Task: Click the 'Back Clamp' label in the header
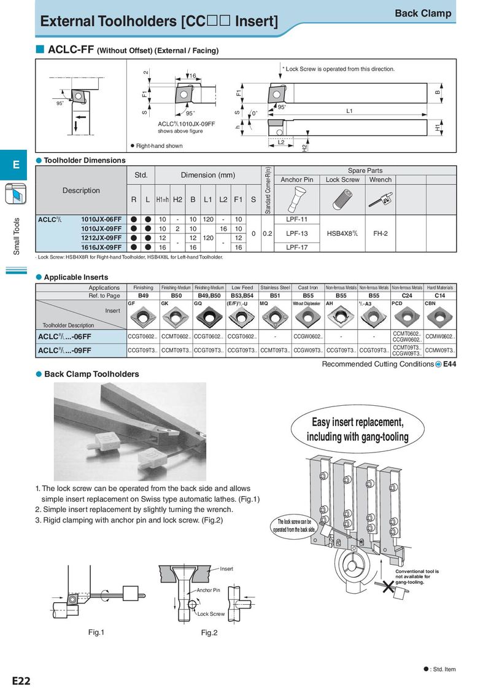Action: [422, 14]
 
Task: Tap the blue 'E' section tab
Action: [16, 165]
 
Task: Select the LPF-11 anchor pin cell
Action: [296, 219]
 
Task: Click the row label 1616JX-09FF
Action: [101, 247]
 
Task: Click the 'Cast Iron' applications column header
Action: [307, 287]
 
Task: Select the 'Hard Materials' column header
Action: [440, 287]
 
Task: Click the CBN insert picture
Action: [440, 316]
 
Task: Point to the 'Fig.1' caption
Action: [96, 632]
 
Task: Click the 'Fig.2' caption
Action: [209, 633]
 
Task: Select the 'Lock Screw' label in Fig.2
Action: [211, 613]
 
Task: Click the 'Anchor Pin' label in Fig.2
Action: [208, 590]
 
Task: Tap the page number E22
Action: [21, 681]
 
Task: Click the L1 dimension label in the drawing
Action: [349, 111]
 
